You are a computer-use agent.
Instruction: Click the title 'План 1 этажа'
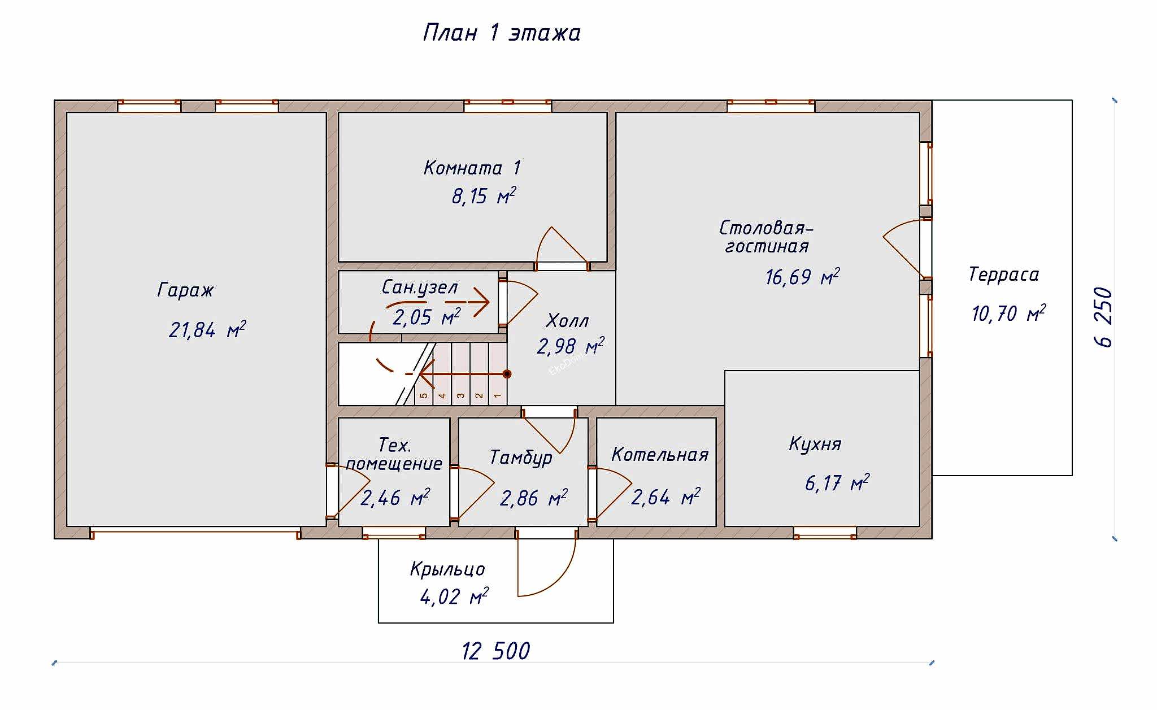(x=502, y=33)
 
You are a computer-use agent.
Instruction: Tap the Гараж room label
(x=185, y=290)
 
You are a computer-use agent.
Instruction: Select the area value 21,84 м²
(x=207, y=330)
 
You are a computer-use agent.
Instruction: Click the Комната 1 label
(x=472, y=168)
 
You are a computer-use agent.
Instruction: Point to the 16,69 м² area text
(x=802, y=277)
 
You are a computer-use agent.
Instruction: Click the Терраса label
(x=1003, y=275)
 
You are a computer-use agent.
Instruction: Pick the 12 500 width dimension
(x=495, y=651)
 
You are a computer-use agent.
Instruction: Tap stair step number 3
(x=461, y=395)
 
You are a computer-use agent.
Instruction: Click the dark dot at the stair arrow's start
(x=507, y=374)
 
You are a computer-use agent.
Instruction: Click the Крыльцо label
(x=447, y=569)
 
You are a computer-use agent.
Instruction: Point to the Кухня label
(x=815, y=444)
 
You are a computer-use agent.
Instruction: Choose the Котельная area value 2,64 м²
(x=665, y=498)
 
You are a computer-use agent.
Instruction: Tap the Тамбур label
(x=520, y=457)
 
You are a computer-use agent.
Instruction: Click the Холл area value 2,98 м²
(x=569, y=346)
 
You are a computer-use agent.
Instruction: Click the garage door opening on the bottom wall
(x=195, y=531)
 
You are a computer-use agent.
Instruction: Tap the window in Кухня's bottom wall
(x=825, y=532)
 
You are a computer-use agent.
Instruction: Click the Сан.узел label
(x=419, y=288)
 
